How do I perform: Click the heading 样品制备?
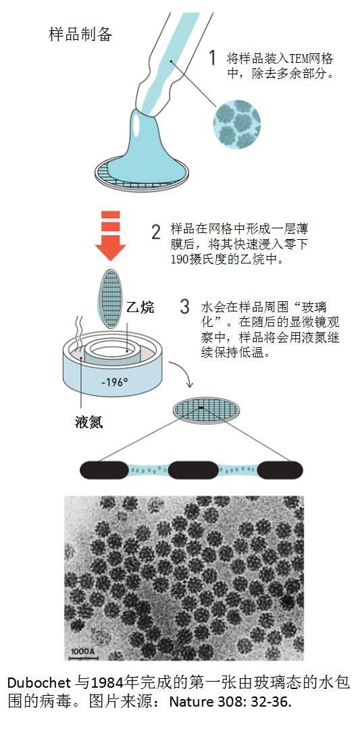(x=80, y=34)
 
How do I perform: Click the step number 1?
(x=212, y=58)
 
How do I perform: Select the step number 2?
(x=156, y=232)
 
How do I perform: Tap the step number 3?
(x=185, y=307)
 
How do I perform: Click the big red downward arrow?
(x=110, y=235)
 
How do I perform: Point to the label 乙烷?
(x=140, y=307)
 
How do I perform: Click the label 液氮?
(x=89, y=422)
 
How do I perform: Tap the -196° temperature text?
(x=114, y=382)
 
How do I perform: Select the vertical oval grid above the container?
(x=111, y=299)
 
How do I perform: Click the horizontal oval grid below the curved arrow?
(x=206, y=409)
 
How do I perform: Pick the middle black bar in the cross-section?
(x=193, y=470)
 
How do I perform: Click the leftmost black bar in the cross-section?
(x=104, y=470)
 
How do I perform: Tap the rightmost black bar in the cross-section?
(x=280, y=470)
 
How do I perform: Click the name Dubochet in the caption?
(x=39, y=682)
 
